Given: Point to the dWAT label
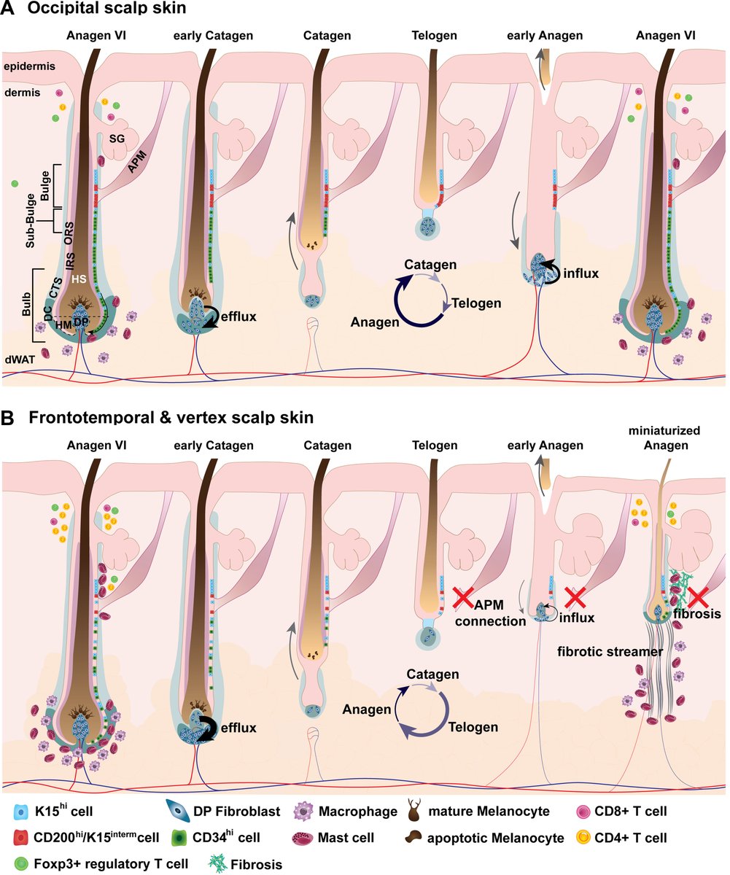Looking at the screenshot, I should (17, 358).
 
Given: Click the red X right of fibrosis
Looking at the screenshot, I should (698, 597).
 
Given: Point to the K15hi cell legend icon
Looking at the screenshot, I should (22, 811).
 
